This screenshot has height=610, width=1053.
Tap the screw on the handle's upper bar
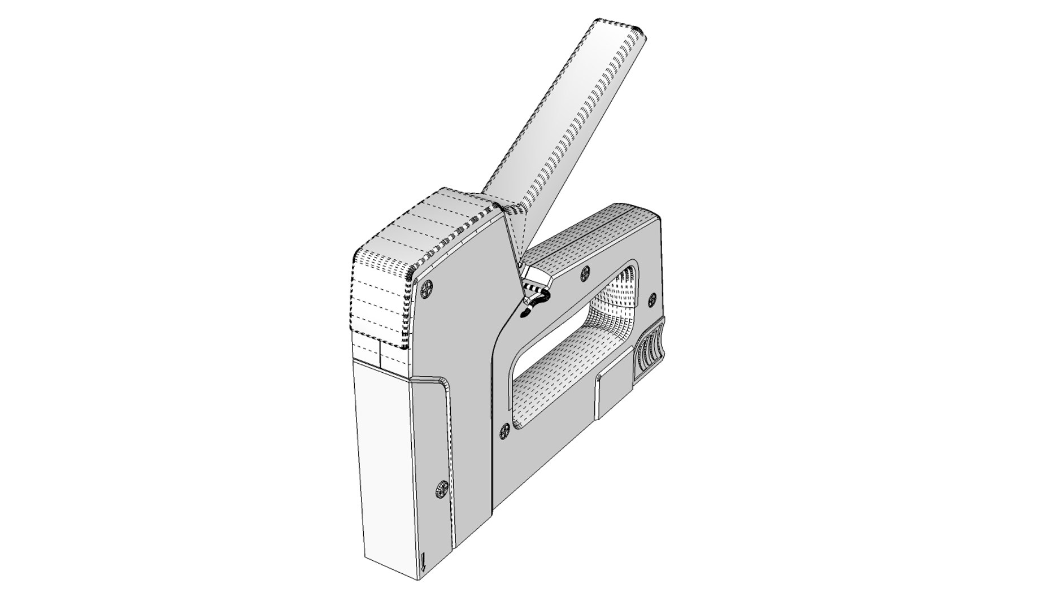[x=586, y=272]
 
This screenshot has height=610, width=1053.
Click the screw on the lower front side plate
[x=442, y=489]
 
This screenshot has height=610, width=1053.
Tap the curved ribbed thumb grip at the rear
[x=651, y=350]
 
